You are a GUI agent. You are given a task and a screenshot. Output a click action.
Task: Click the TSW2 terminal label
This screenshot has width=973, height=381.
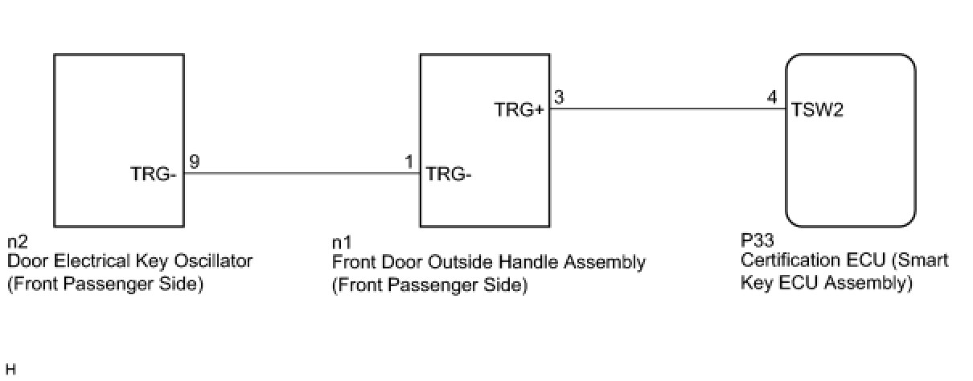pyautogui.click(x=817, y=110)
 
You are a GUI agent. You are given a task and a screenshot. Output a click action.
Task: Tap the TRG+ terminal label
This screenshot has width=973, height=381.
pyautogui.click(x=519, y=110)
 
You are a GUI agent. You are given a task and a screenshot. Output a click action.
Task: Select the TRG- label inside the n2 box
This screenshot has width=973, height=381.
pyautogui.click(x=153, y=174)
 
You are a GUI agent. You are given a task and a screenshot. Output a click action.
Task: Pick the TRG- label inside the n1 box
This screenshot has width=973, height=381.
pyautogui.click(x=449, y=174)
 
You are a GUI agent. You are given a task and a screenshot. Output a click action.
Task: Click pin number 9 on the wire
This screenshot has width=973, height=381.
pyautogui.click(x=195, y=162)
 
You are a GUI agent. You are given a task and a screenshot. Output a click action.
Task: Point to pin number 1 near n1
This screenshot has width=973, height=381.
pyautogui.click(x=409, y=162)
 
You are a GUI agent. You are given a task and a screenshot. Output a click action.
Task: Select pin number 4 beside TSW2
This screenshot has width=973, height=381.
pyautogui.click(x=772, y=97)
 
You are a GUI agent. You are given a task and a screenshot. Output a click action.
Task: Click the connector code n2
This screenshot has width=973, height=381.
pyautogui.click(x=17, y=242)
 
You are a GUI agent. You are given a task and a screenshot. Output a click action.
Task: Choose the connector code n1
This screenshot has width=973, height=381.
pyautogui.click(x=342, y=242)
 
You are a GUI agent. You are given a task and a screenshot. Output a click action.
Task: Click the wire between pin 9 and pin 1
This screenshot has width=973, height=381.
pyautogui.click(x=302, y=173)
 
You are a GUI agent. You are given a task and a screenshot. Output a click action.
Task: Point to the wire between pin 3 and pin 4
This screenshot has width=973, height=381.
pyautogui.click(x=667, y=109)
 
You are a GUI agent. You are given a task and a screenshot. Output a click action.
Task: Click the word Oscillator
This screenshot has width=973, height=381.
pyautogui.click(x=216, y=261)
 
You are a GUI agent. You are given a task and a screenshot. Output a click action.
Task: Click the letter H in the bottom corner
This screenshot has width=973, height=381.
pyautogui.click(x=10, y=370)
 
